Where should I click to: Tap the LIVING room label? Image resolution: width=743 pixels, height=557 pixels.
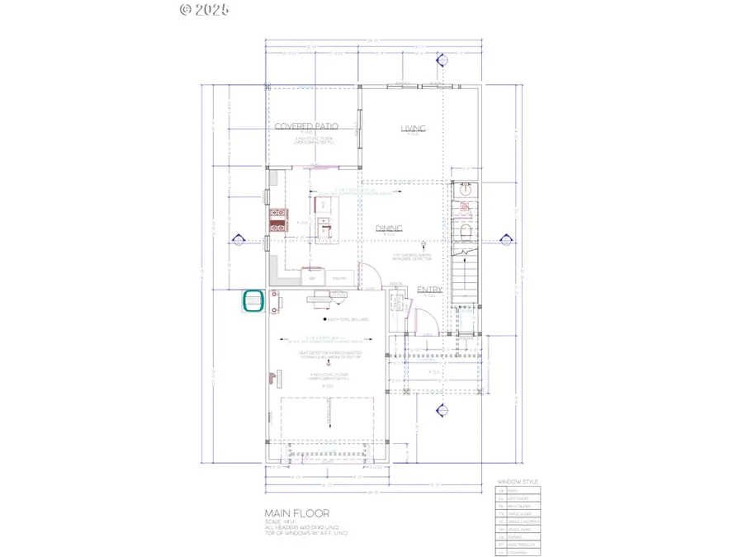coord(413,128)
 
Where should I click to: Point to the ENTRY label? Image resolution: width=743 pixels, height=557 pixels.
coord(429,290)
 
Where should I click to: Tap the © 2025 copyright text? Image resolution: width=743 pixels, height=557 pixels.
coord(204,10)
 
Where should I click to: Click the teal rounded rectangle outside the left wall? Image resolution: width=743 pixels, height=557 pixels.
coord(253,302)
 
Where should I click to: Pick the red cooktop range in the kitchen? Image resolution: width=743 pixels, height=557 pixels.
coord(276,219)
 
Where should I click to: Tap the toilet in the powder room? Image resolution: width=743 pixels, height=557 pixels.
coord(465,230)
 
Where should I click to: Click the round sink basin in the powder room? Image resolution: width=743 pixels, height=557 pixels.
coord(465,187)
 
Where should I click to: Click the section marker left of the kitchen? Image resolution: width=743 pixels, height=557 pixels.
coord(239,240)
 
